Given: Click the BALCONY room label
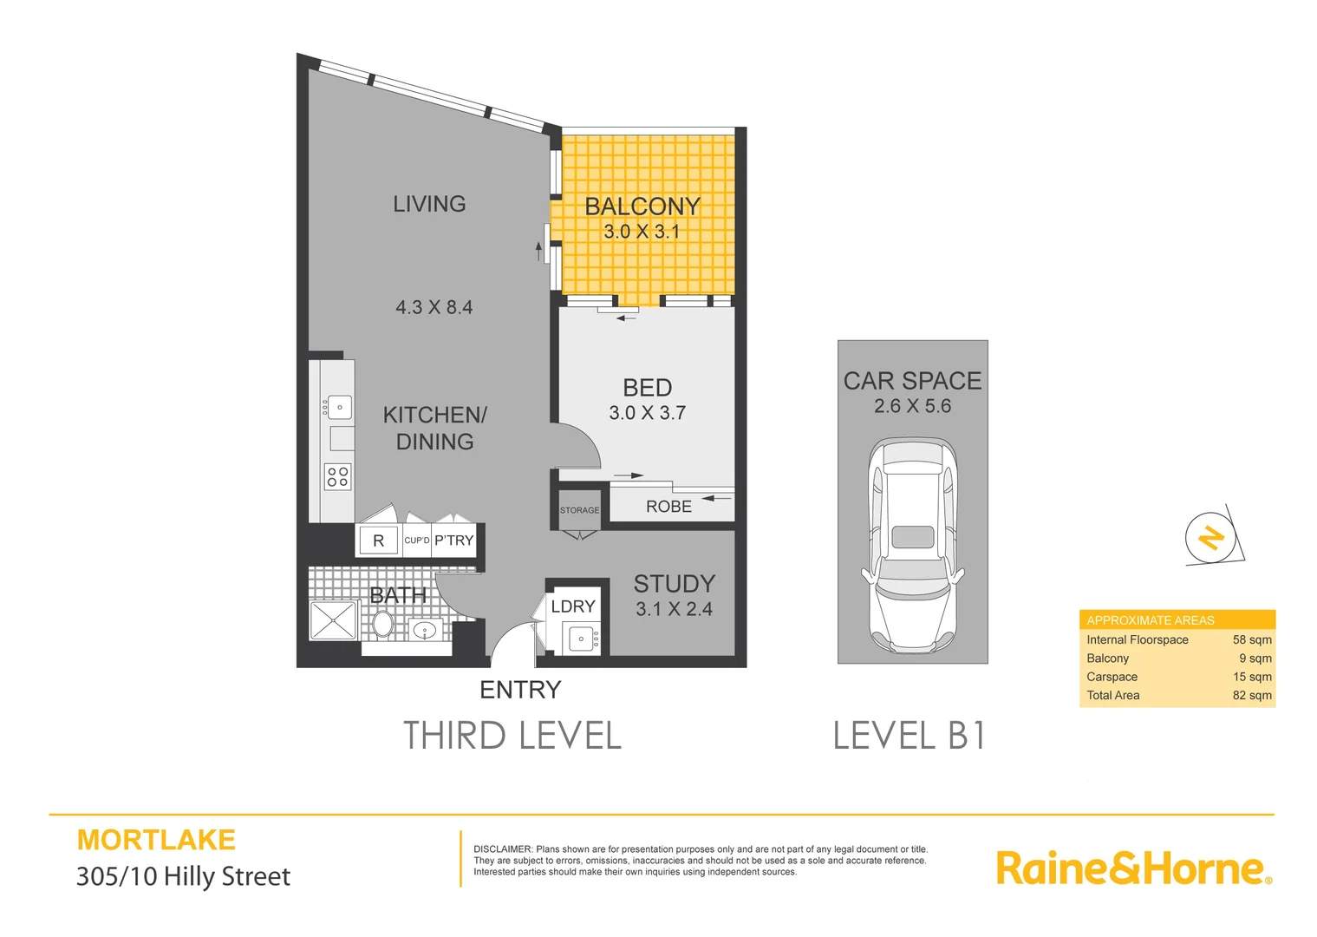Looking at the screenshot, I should coord(642,206).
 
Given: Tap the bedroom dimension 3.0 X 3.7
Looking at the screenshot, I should coord(647,413).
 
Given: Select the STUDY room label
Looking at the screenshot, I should coord(675,584).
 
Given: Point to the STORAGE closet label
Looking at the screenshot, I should coord(579,510).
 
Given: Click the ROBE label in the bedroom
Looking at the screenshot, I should coord(668,507).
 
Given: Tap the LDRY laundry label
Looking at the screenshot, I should coord(573,606).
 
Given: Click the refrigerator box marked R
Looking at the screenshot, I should coord(378,541).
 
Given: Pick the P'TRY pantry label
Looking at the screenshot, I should coord(454,541).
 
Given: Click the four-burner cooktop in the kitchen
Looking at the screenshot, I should coord(338,476).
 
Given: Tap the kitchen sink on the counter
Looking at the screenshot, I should coord(339,407).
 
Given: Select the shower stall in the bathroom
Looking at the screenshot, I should coord(333,620).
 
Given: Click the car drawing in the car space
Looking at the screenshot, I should coord(912,547).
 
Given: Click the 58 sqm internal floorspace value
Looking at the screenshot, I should coord(1252,639).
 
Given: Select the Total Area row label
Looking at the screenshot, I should coord(1113,695).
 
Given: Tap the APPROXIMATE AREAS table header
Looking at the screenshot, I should coord(1151,620).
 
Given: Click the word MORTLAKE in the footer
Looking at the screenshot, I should coord(156,840).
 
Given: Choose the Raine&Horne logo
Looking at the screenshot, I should coord(1133,868).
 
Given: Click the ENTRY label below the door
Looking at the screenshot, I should coord(520,690).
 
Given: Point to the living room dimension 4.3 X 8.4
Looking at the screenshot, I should coord(434,307).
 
